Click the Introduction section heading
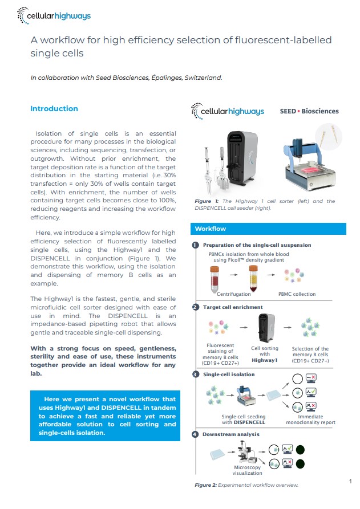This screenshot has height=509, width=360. pos(54,109)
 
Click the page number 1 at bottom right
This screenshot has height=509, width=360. pos(350,482)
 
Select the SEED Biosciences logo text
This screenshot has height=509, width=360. pos(309,111)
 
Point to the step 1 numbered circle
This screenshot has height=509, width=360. pos(195,245)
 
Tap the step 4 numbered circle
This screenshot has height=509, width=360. pos(195,434)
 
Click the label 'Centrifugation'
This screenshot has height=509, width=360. pos(234,294)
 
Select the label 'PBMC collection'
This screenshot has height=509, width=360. pos(297,294)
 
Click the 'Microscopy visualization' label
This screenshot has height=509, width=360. pos(247,470)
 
